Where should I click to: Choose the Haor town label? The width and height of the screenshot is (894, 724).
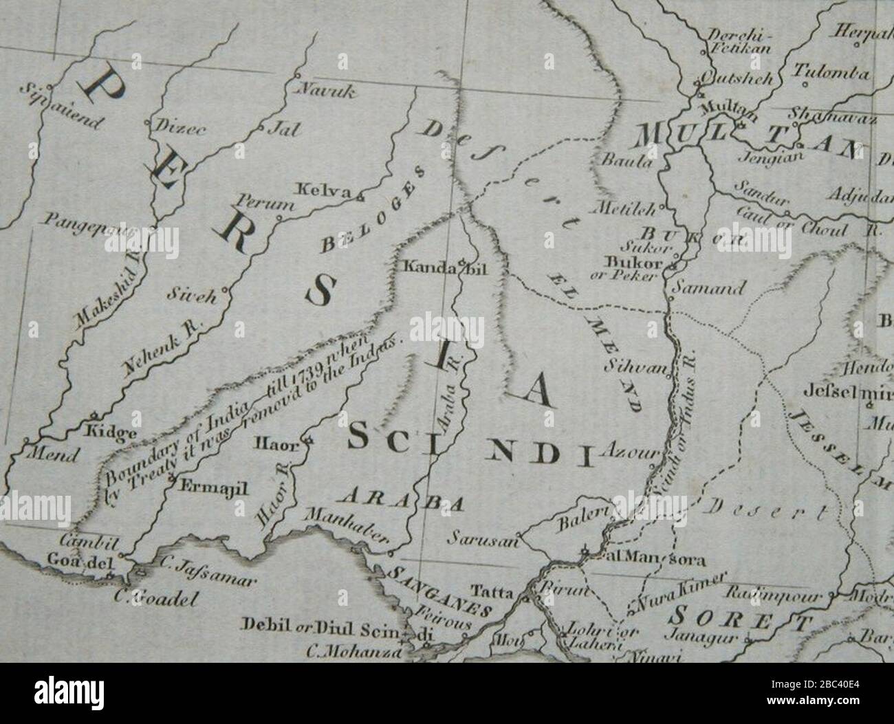[277, 444]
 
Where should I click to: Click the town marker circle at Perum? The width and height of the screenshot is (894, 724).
[279, 219]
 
